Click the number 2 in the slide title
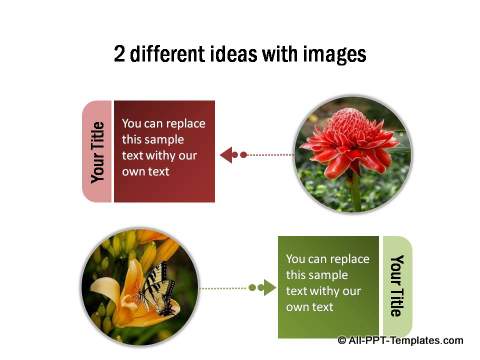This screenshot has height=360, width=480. click(121, 54)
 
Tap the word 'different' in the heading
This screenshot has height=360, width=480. click(170, 54)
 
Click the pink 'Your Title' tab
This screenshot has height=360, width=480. click(97, 151)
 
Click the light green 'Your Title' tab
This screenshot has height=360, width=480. click(397, 286)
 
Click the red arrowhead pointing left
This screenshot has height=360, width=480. click(227, 154)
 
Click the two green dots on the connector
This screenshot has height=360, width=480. click(261, 288)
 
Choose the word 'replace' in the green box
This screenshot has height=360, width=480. click(349, 257)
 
